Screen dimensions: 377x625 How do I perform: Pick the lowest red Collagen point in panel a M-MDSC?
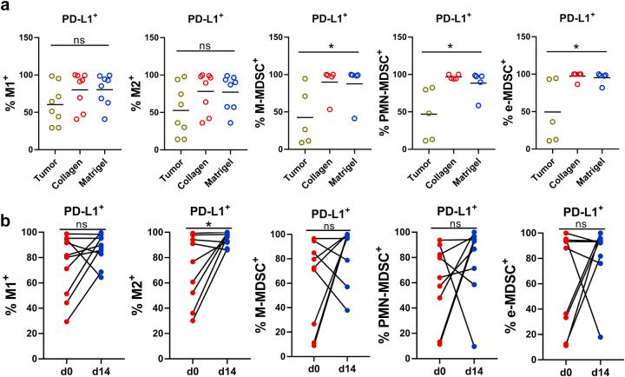329,109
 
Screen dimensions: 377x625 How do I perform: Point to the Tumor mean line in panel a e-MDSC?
550,112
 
